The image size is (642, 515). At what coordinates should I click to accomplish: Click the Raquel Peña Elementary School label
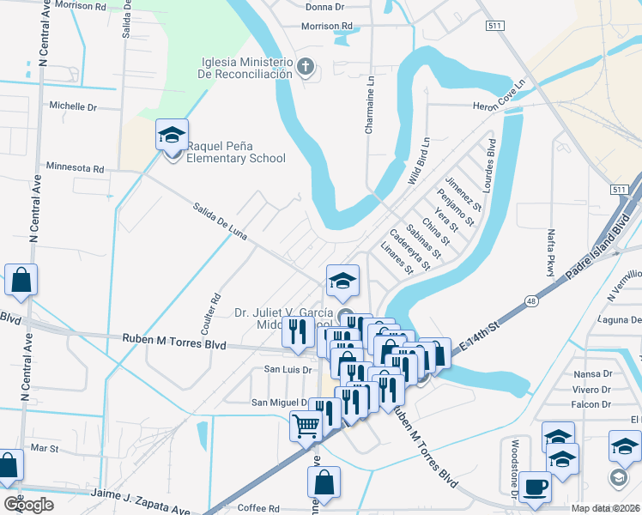236,152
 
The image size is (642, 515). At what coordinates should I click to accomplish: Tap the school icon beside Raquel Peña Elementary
172,135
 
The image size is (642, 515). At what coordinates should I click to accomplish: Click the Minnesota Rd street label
75,167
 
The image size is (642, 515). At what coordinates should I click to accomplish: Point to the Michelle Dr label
73,106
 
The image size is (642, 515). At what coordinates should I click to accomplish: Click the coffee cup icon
536,486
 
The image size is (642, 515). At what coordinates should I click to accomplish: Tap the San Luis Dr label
284,369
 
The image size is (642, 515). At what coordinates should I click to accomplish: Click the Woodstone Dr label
515,470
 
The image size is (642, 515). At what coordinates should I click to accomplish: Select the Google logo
28,505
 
